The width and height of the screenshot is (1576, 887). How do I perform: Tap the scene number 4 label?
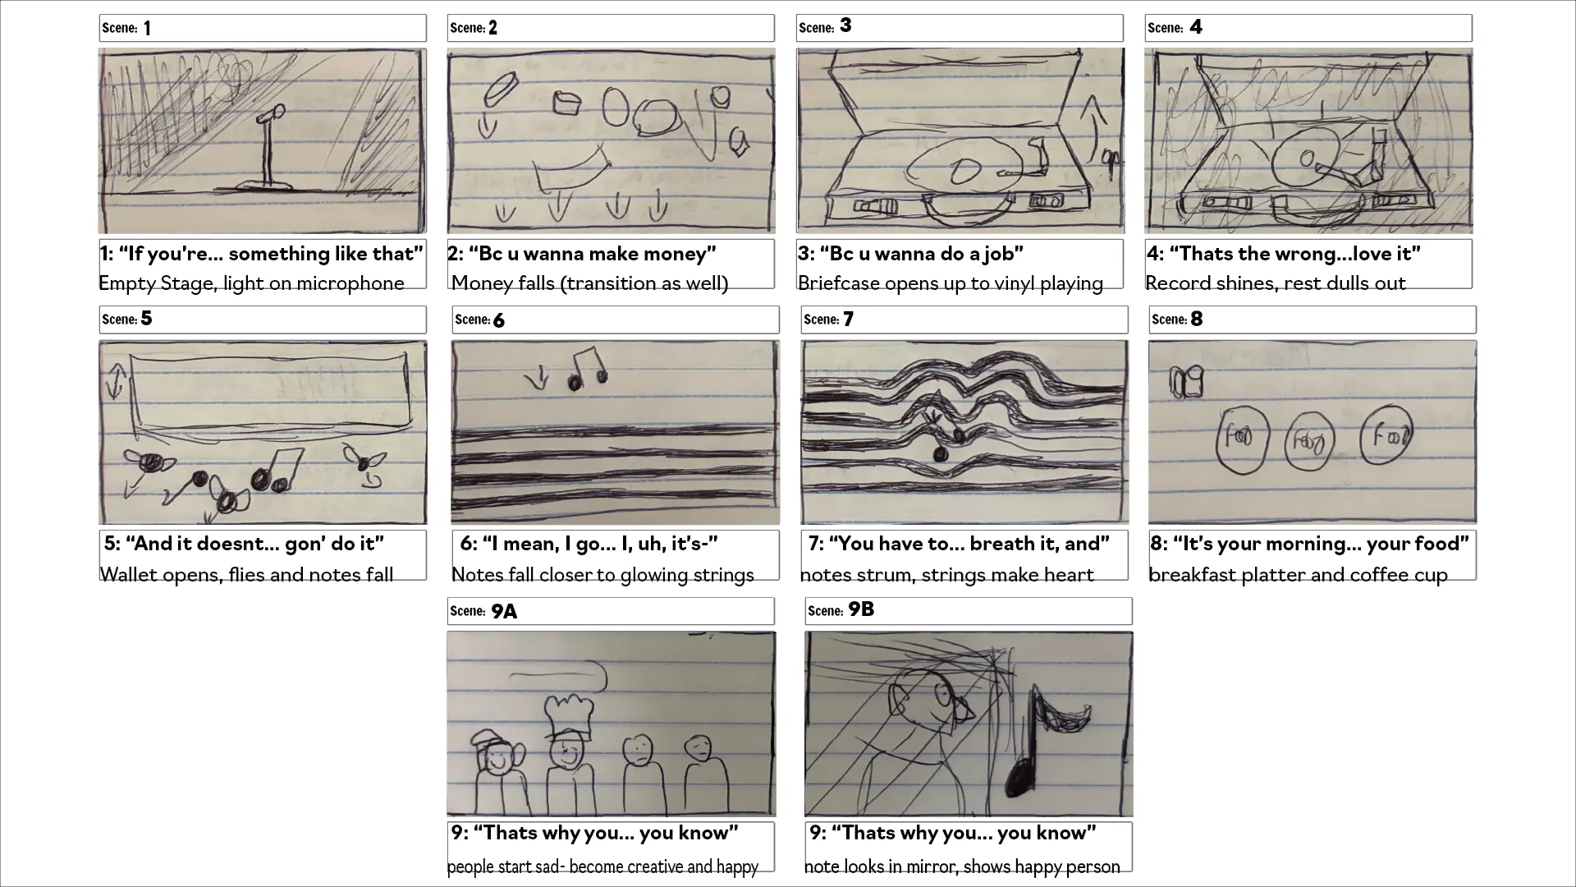pyautogui.click(x=1196, y=27)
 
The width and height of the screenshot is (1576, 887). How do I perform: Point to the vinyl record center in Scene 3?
pyautogui.click(x=960, y=171)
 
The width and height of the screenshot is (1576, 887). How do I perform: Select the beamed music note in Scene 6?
pyautogui.click(x=585, y=368)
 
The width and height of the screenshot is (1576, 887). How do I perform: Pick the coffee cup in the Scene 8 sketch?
pyautogui.click(x=1187, y=382)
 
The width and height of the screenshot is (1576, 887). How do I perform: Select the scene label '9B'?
pyautogui.click(x=861, y=609)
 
